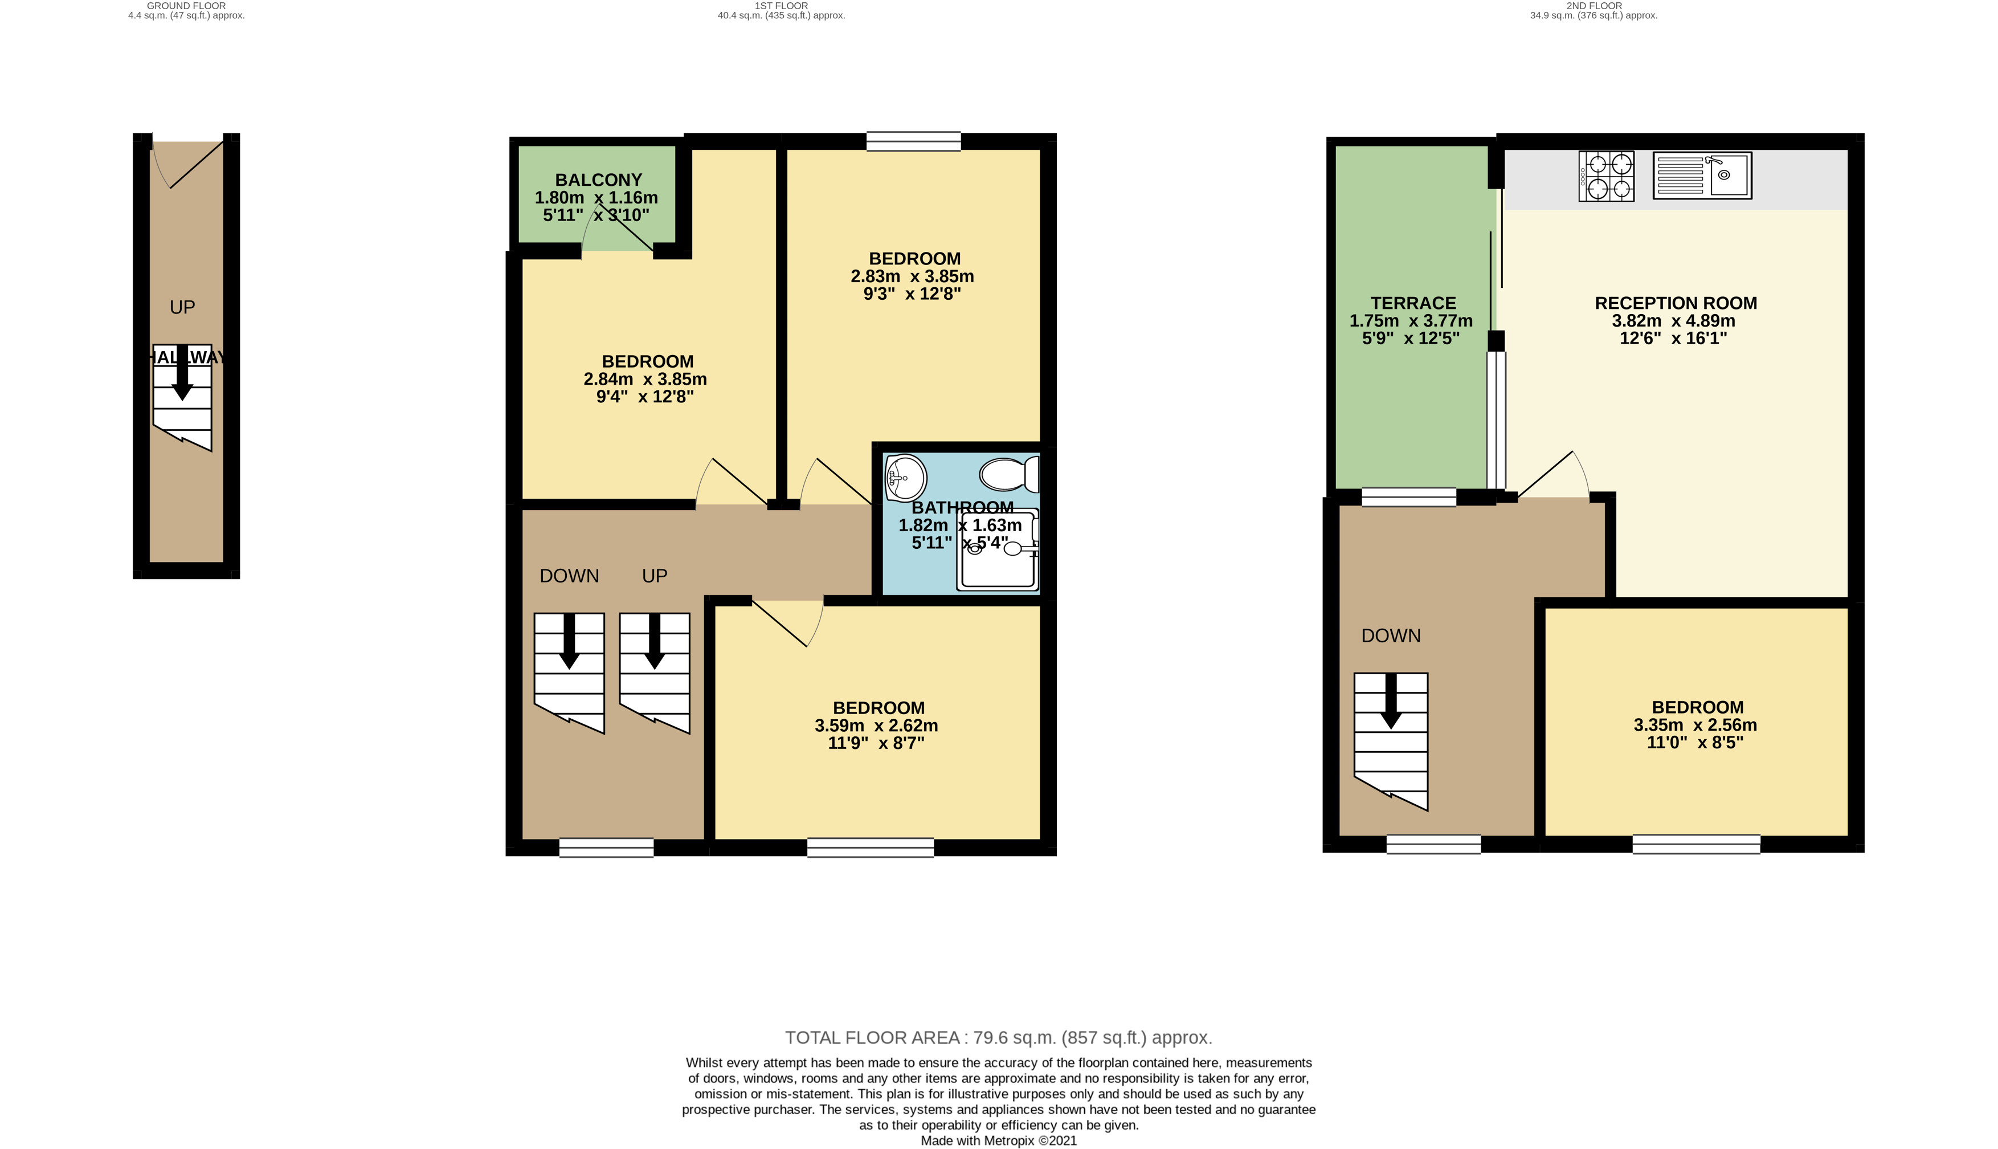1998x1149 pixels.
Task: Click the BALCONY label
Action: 599,180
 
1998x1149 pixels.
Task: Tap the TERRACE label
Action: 1413,303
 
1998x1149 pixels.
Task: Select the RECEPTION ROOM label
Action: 1676,303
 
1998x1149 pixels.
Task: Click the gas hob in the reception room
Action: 1606,176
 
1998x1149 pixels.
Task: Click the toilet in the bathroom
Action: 1010,475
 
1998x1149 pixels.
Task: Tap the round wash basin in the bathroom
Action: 905,478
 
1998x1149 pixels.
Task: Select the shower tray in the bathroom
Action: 998,549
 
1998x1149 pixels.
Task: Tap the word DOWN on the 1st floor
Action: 570,576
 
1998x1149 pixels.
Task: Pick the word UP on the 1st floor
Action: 655,576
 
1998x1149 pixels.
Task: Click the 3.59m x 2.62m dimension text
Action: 876,725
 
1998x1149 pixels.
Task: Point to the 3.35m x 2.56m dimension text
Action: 1695,724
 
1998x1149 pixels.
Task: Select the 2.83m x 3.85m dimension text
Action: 912,276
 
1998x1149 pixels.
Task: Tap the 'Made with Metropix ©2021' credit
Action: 999,1140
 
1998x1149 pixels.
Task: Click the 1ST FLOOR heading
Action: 781,6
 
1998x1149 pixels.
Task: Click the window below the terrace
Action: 1409,496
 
